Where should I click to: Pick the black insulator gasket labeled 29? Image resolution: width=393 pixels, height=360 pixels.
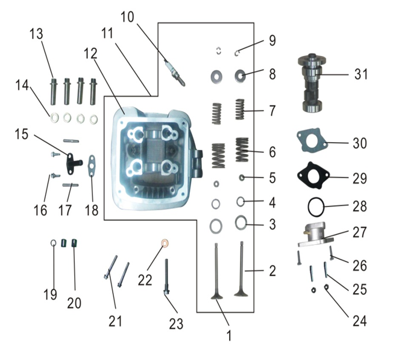(x=313, y=176)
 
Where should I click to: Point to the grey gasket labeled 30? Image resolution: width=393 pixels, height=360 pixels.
(x=310, y=143)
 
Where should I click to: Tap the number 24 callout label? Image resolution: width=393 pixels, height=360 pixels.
(x=359, y=321)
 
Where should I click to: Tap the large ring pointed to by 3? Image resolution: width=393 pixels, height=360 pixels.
(x=241, y=223)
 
